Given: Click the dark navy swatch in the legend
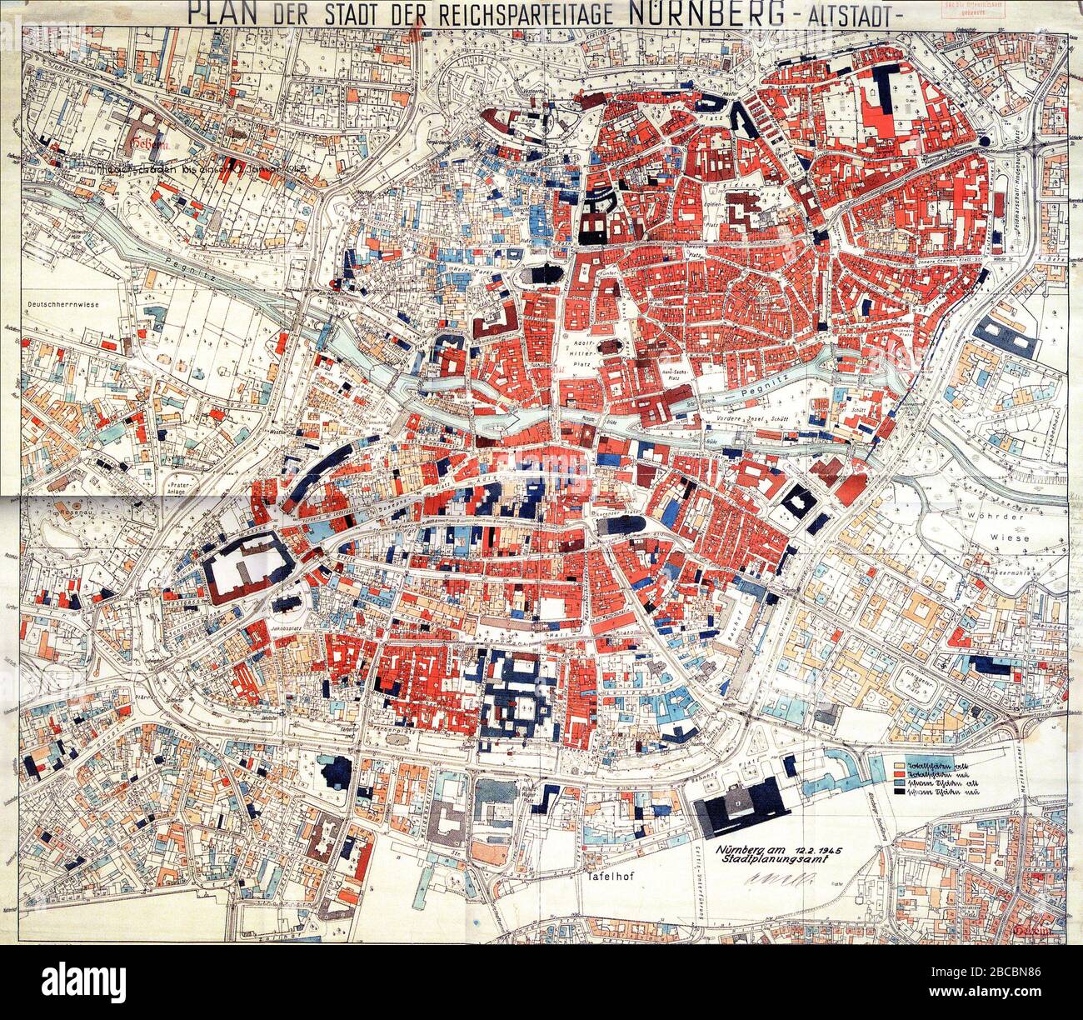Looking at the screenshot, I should point(899,797).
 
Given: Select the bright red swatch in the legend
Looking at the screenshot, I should point(899,774).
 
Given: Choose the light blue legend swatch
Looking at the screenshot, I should point(899,786).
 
